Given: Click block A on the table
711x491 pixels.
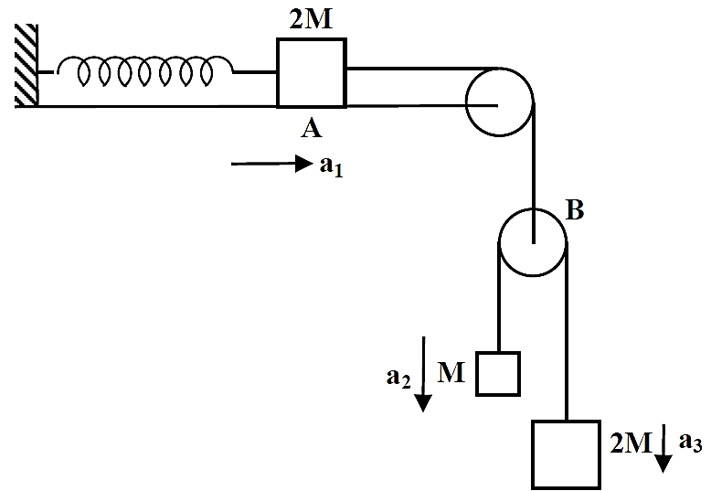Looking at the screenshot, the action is (x=312, y=73).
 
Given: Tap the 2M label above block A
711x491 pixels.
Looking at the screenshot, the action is (x=311, y=19).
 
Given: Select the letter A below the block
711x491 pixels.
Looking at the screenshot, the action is (x=312, y=129).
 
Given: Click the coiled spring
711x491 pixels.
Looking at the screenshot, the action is (x=145, y=70).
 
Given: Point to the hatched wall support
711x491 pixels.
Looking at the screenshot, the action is (x=27, y=65).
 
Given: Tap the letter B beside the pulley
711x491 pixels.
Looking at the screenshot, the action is (x=576, y=210).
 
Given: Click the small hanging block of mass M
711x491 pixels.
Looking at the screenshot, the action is (x=498, y=374).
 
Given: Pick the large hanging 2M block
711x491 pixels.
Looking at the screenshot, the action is (x=567, y=455).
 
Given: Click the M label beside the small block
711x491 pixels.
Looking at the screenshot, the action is (x=451, y=373).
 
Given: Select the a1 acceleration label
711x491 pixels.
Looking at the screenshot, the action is (x=332, y=166).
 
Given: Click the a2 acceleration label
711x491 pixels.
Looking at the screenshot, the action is (x=398, y=378).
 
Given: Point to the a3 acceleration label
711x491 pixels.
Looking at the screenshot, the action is (x=690, y=442).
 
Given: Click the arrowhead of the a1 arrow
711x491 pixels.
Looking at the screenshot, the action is (x=303, y=164).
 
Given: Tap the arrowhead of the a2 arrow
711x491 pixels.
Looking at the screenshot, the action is (x=423, y=403).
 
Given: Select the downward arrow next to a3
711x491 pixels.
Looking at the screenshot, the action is (x=663, y=448).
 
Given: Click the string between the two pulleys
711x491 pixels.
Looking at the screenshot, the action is (x=534, y=173).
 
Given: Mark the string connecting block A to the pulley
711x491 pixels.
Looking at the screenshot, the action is (x=421, y=69).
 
